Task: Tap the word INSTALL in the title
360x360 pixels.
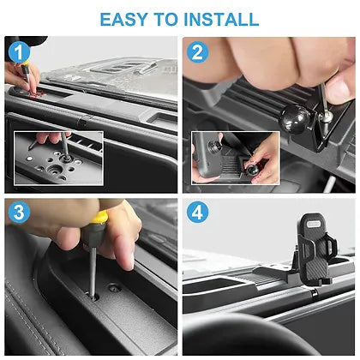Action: (x=218, y=18)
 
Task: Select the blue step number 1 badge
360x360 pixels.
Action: (x=18, y=51)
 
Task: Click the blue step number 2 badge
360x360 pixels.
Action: (x=198, y=51)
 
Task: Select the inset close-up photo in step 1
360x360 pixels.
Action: (x=58, y=156)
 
